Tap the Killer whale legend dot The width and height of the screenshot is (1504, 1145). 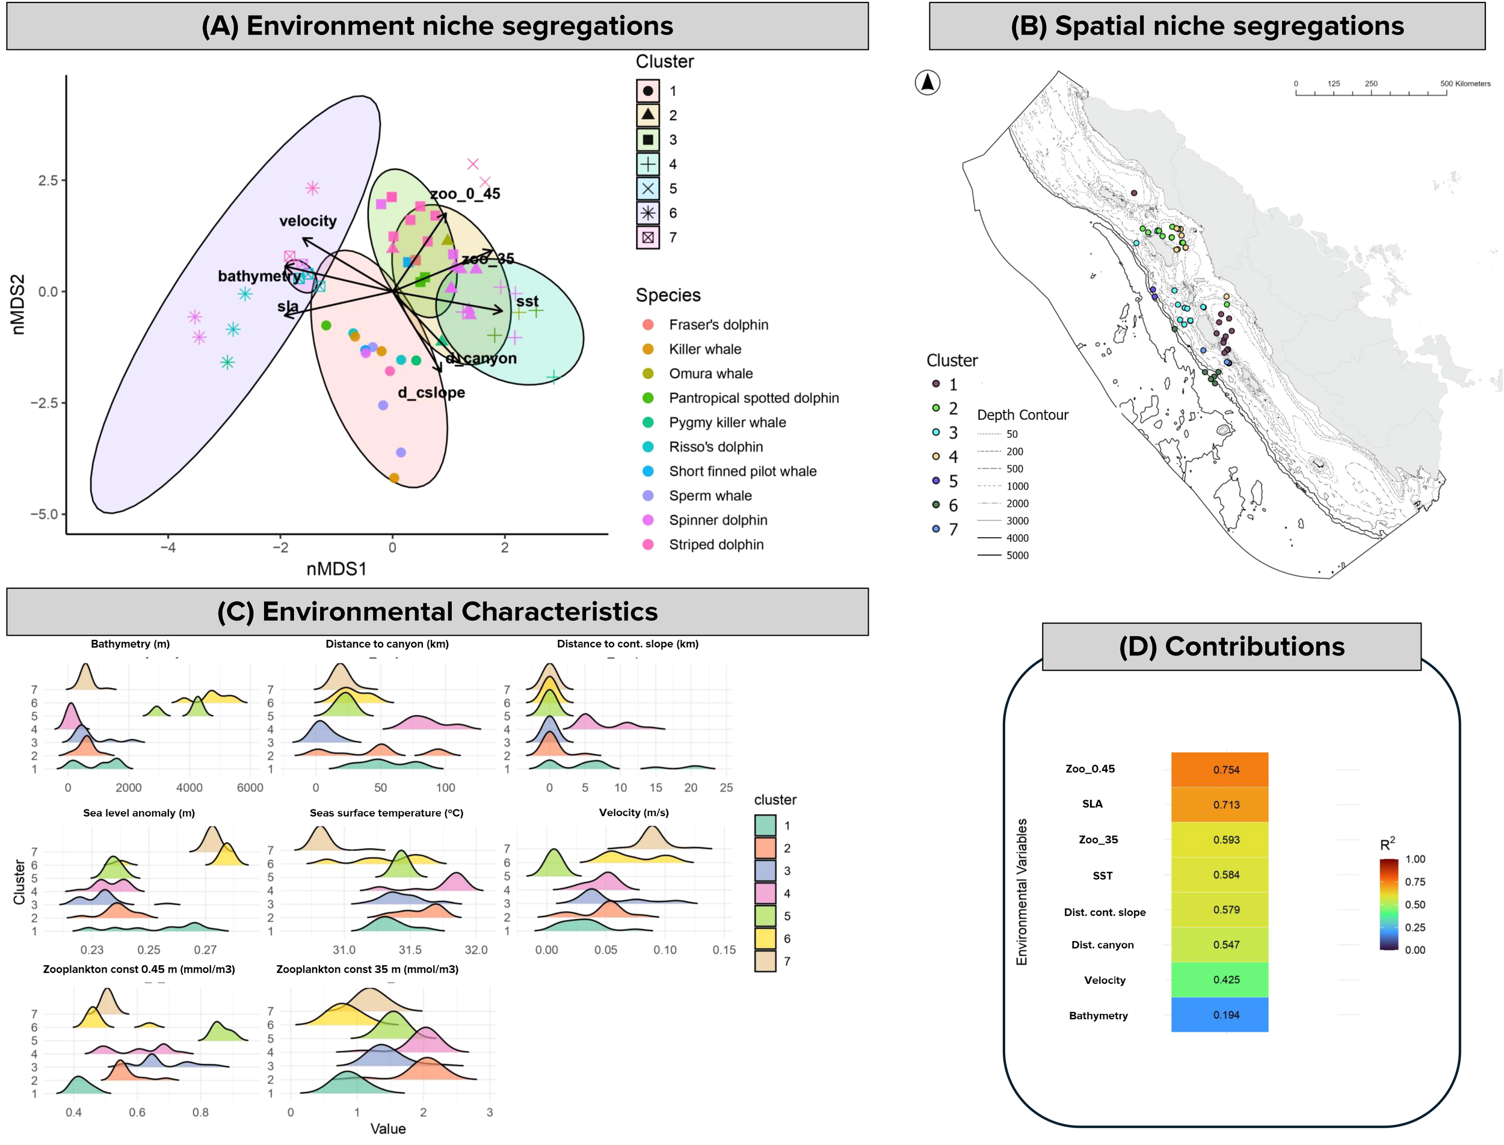[648, 349]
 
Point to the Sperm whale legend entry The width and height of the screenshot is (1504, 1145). [709, 496]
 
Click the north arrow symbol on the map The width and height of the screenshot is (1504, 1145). [926, 82]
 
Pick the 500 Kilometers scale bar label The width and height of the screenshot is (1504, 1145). [1464, 84]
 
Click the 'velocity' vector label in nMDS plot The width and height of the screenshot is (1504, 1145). [307, 221]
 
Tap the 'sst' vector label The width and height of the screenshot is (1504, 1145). [527, 301]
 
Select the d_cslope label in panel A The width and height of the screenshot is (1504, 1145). [431, 393]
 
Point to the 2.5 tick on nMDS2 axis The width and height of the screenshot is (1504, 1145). [48, 180]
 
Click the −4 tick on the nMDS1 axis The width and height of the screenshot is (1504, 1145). [168, 547]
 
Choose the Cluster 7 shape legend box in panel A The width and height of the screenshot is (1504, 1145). [648, 237]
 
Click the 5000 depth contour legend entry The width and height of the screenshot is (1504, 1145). [1017, 556]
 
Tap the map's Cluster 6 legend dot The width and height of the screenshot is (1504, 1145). [935, 505]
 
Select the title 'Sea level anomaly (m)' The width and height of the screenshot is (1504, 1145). [139, 812]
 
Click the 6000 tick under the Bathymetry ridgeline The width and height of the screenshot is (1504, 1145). [250, 788]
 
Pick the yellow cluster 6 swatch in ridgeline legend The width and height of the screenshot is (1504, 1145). [765, 939]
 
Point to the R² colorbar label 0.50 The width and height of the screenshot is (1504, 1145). [1415, 904]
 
